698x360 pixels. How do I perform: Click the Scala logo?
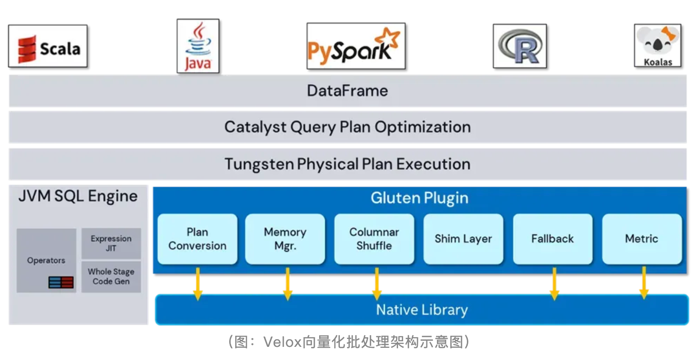(48, 47)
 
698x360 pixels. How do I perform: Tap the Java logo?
(198, 46)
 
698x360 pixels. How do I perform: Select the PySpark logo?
(356, 46)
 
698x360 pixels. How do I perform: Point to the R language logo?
(519, 46)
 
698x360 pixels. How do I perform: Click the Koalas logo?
(658, 46)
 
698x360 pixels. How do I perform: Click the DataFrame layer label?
(347, 91)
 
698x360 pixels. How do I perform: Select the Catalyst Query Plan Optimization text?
(347, 127)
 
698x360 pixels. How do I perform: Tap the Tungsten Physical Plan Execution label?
(347, 164)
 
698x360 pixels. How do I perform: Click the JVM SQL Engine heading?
(78, 196)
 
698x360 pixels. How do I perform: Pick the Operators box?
(46, 260)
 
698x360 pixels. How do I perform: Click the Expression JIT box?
(111, 243)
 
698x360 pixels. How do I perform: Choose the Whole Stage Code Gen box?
(111, 277)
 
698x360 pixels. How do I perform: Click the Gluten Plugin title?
(419, 198)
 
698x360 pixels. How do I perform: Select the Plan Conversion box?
(197, 239)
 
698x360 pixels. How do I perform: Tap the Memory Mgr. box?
(285, 239)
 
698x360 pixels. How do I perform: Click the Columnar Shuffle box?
(374, 239)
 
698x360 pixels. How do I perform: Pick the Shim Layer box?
(463, 239)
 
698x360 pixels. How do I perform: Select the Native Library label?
(421, 310)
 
